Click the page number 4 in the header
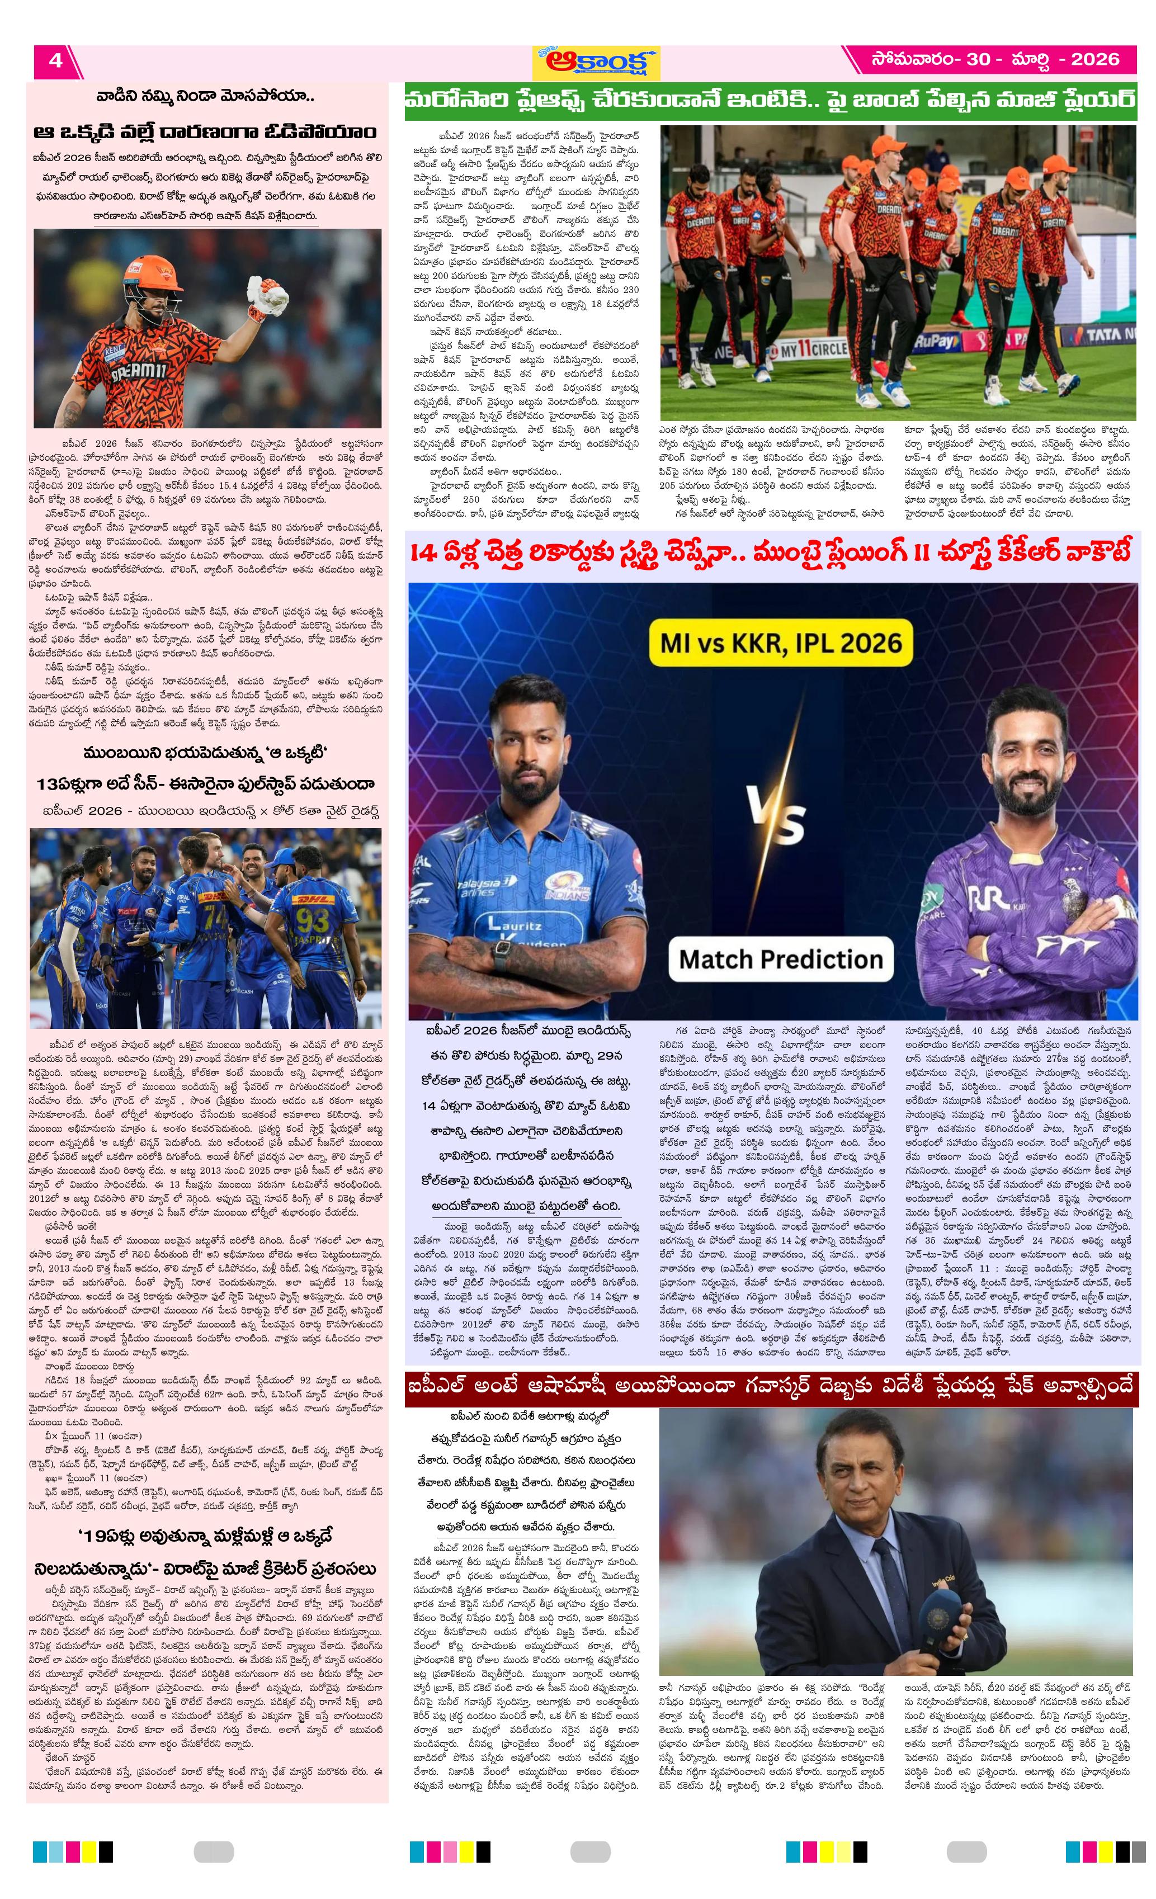(55, 60)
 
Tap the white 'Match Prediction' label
(781, 960)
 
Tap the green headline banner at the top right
(770, 102)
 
